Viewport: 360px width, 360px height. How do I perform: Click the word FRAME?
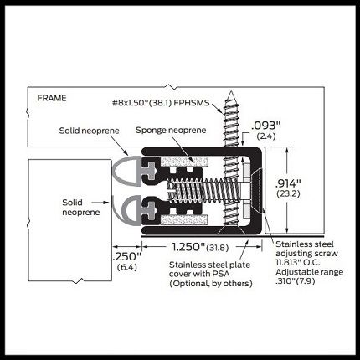pyautogui.click(x=52, y=98)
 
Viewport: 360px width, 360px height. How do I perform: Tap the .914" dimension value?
pyautogui.click(x=288, y=183)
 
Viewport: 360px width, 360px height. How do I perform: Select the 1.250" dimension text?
pyautogui.click(x=188, y=247)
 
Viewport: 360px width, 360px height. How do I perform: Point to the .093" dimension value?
pyautogui.click(x=266, y=126)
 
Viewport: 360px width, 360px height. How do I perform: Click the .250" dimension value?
pyautogui.click(x=127, y=256)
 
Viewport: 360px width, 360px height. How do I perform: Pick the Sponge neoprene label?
pyautogui.click(x=171, y=130)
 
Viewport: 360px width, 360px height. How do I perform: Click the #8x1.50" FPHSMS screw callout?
pyautogui.click(x=161, y=103)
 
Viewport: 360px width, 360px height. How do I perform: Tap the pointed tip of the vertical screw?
pyautogui.click(x=230, y=92)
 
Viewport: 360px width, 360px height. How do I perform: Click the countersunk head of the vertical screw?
pyautogui.click(x=231, y=230)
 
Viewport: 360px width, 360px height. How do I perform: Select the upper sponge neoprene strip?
pyautogui.click(x=184, y=162)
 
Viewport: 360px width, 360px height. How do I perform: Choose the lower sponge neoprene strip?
pyautogui.click(x=184, y=220)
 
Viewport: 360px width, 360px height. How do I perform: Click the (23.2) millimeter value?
pyautogui.click(x=288, y=193)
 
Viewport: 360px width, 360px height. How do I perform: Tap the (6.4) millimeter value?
pyautogui.click(x=127, y=267)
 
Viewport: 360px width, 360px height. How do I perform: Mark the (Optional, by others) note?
pyautogui.click(x=211, y=284)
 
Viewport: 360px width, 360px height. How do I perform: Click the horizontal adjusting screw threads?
pyautogui.click(x=203, y=190)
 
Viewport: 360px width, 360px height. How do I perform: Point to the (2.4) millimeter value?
pyautogui.click(x=266, y=136)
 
